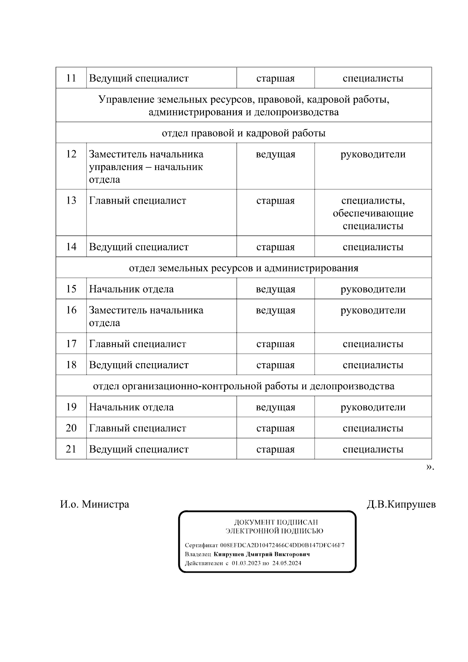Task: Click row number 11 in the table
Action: tap(71, 78)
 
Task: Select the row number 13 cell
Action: tap(71, 201)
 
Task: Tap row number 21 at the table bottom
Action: tap(71, 449)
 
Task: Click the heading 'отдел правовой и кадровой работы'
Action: tap(243, 133)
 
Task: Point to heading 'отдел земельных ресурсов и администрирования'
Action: tap(243, 268)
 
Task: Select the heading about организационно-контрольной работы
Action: tap(243, 386)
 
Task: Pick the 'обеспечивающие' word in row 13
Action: tap(373, 213)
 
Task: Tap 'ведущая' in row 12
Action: tap(275, 154)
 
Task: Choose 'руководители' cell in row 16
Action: tap(373, 310)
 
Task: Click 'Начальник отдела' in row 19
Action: tap(131, 407)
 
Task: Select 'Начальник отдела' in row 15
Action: tap(131, 289)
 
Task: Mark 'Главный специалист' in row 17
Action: tap(137, 344)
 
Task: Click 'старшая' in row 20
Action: tap(275, 428)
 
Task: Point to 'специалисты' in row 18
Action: tap(373, 365)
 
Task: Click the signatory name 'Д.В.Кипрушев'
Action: tap(401, 504)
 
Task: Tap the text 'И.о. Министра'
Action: tap(94, 504)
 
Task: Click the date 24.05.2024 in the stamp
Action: tap(287, 563)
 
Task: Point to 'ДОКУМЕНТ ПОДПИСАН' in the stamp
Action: tap(276, 522)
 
